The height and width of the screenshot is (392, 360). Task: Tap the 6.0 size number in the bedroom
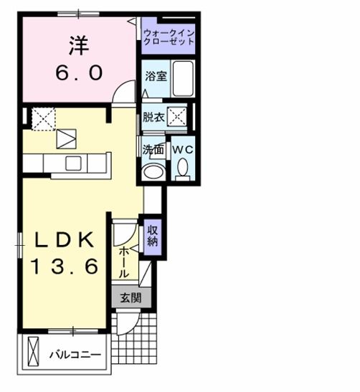[80, 72]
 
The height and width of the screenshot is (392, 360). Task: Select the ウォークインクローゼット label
[169, 37]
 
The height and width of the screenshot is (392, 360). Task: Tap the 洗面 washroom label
[153, 151]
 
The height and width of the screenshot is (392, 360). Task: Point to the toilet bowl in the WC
[181, 169]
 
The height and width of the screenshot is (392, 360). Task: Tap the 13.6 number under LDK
[63, 267]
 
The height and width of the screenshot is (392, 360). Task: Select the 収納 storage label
[153, 236]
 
